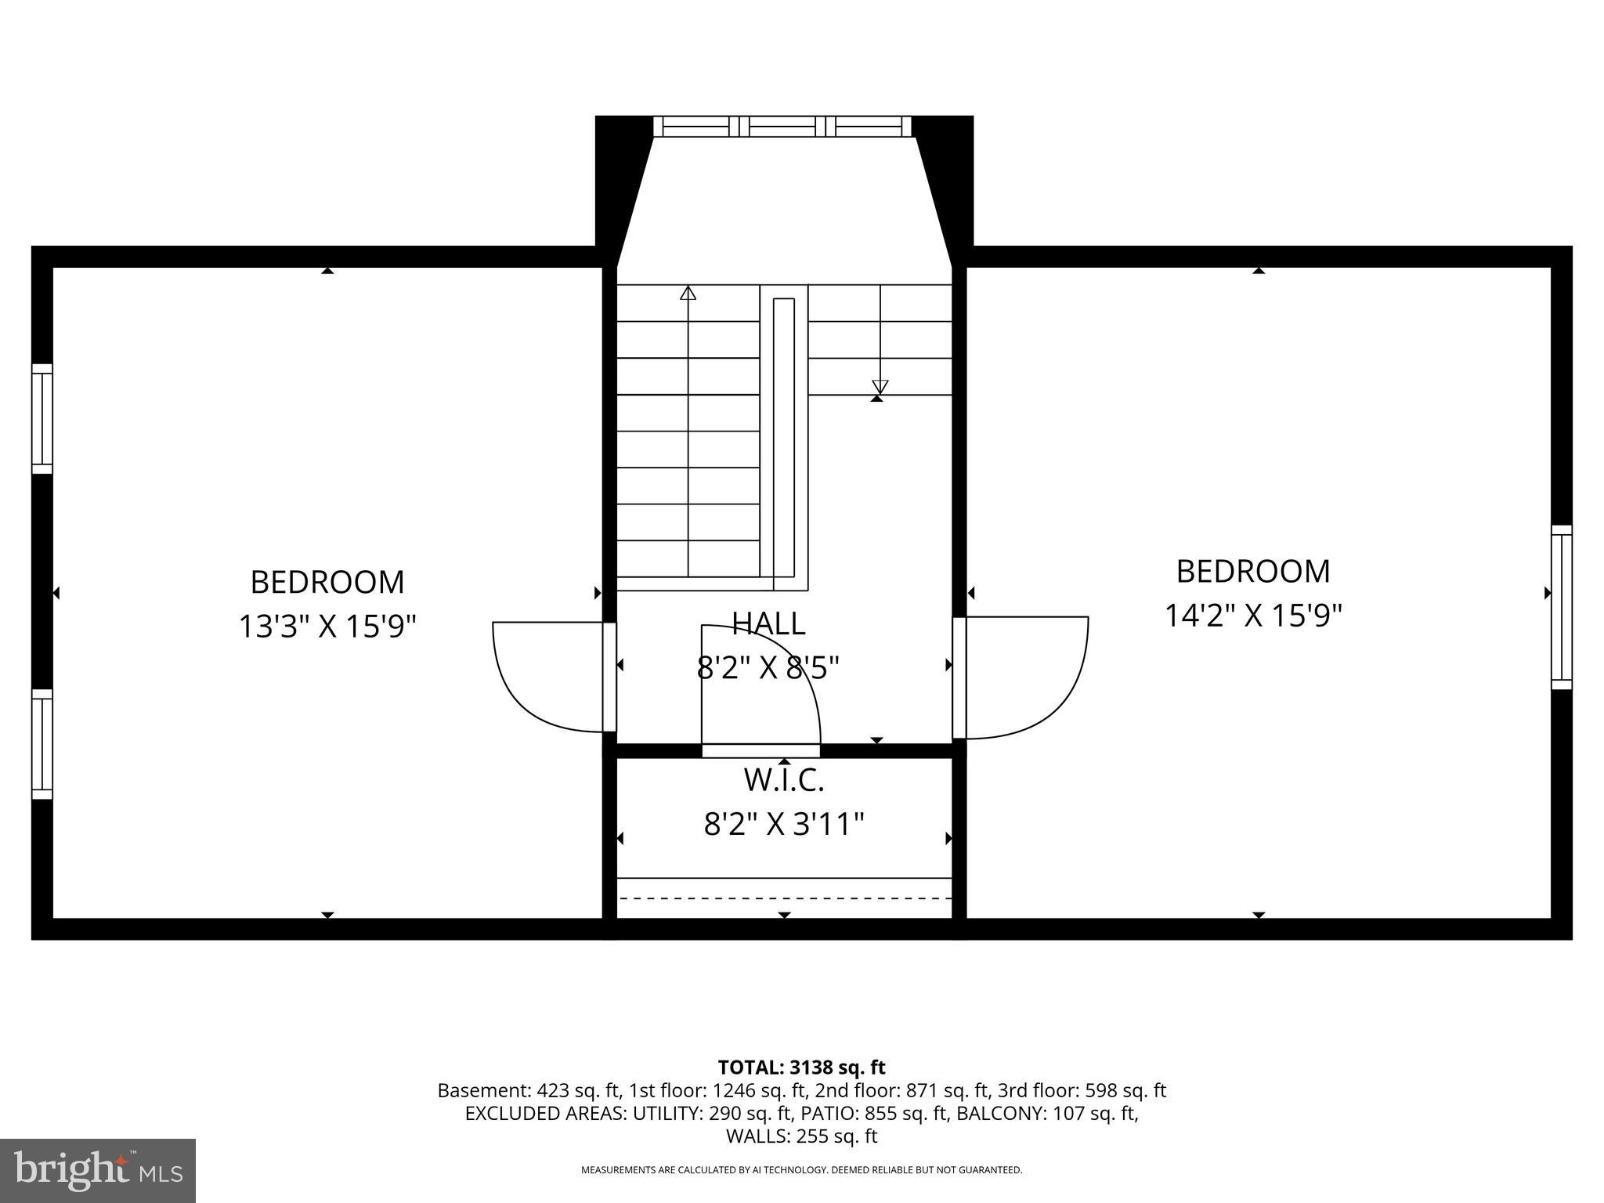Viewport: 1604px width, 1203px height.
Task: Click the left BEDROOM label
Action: (327, 583)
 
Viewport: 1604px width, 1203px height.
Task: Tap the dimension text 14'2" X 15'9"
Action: (1253, 616)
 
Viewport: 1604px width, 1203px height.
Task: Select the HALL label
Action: (768, 623)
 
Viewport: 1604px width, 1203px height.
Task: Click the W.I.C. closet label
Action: (783, 780)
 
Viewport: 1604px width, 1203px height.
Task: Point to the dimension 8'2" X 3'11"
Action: (783, 825)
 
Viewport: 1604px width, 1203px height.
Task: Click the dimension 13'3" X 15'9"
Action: (327, 627)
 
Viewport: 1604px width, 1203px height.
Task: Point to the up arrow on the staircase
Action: (688, 293)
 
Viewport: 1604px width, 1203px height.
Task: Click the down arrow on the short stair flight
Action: (880, 386)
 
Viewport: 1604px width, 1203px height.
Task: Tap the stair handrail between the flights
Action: (783, 443)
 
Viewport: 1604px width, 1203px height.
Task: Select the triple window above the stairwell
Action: (782, 126)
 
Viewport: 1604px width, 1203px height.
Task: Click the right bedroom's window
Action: (1561, 607)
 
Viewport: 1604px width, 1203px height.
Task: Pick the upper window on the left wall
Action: (42, 419)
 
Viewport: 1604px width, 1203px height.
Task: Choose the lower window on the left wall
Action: (42, 744)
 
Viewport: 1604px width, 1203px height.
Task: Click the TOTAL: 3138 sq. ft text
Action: (801, 1067)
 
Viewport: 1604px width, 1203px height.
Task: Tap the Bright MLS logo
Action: (98, 1170)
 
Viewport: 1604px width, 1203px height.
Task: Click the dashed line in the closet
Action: (783, 898)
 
